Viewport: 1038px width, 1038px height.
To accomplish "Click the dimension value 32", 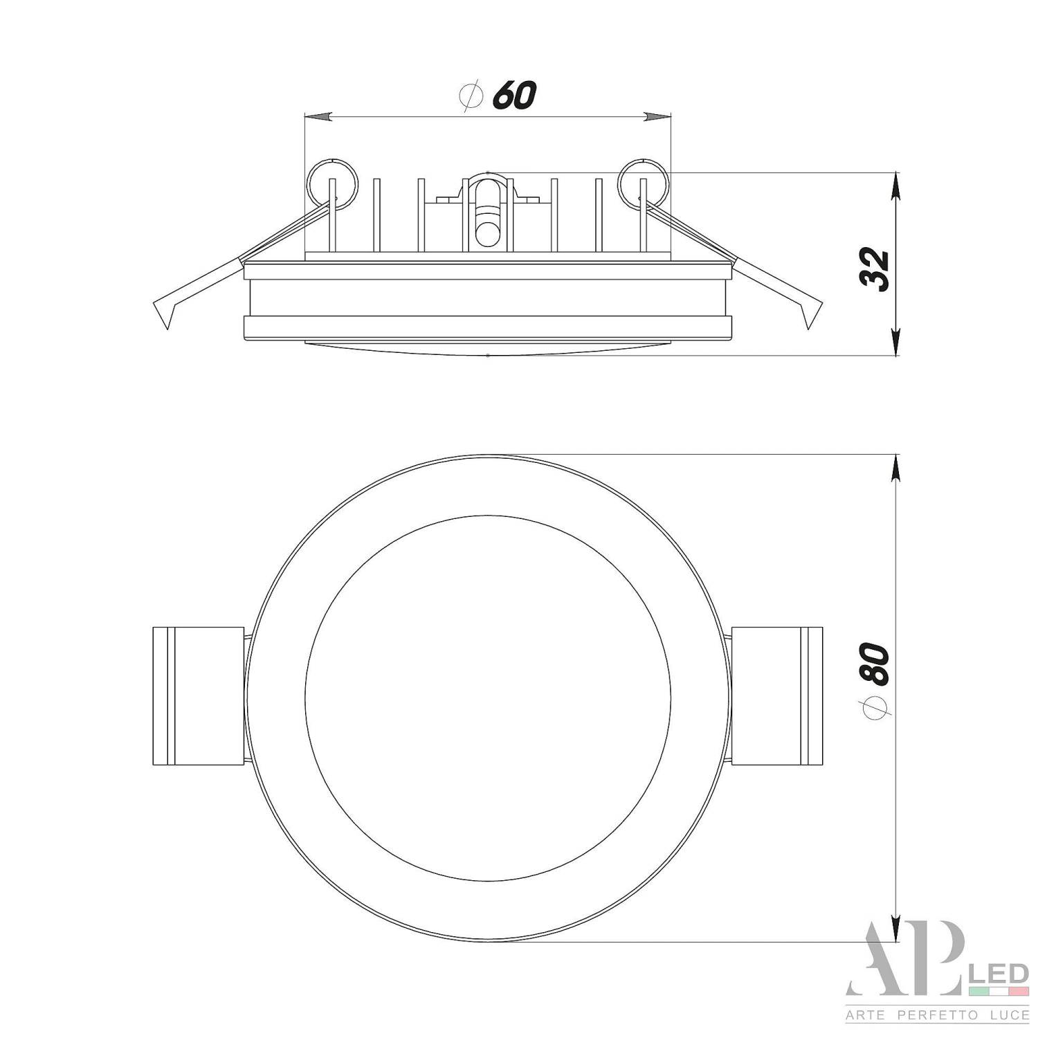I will pyautogui.click(x=873, y=269).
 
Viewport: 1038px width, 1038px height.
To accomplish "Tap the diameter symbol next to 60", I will pyautogui.click(x=471, y=96).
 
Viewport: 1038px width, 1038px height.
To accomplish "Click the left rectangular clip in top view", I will pyautogui.click(x=198, y=695).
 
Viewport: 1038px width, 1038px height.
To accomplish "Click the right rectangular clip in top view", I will pyautogui.click(x=776, y=695).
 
